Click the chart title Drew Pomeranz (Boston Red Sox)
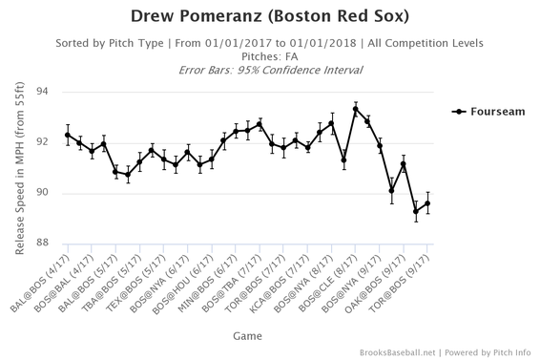click(270, 17)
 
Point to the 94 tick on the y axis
click(41, 93)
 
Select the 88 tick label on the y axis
click(41, 244)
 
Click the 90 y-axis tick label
click(41, 194)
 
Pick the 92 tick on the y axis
click(41, 143)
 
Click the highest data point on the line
click(356, 109)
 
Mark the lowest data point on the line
click(416, 211)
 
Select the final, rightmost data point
click(427, 203)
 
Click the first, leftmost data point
click(68, 135)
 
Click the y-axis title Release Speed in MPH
click(18, 169)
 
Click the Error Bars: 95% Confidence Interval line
click(270, 69)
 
